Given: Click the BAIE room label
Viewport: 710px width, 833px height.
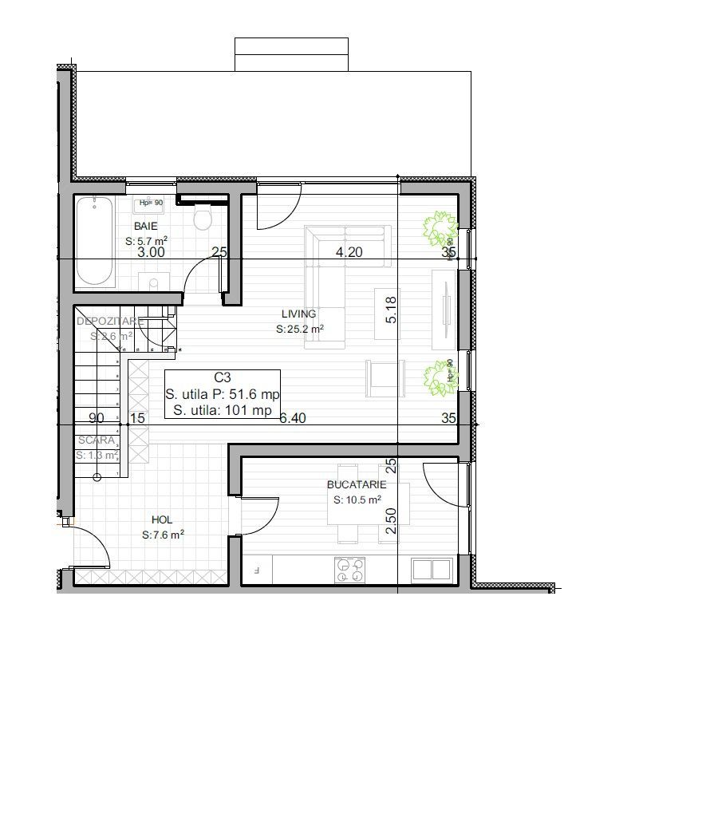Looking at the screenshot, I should tap(146, 227).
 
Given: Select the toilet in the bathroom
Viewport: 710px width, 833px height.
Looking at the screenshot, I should tap(203, 218).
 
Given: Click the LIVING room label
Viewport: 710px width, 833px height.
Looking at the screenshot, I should tap(298, 314).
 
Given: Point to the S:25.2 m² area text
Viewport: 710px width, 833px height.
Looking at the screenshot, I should tap(299, 329).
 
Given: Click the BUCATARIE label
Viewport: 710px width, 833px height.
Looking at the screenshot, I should tap(357, 485).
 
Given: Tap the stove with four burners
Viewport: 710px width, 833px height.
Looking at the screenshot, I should tap(349, 570).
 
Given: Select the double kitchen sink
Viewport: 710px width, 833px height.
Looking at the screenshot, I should tap(432, 570).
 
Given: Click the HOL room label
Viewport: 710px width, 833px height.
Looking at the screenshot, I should tap(162, 519).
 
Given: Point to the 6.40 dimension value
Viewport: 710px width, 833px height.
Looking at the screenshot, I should tap(293, 417).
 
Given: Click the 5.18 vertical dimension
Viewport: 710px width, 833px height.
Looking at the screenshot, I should tap(391, 310).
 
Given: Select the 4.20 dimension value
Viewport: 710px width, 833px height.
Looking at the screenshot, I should tap(349, 253).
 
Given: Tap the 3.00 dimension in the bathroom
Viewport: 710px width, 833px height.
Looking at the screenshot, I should tap(151, 253).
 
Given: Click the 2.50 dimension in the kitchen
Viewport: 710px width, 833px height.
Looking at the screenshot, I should tap(391, 519).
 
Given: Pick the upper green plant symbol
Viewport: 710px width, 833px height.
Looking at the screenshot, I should tap(439, 228).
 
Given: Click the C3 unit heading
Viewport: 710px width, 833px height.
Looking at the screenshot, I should tap(222, 378).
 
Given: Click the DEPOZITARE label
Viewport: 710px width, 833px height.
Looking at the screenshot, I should tap(109, 321).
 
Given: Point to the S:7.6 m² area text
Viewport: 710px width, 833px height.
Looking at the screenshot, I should tap(164, 535).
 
